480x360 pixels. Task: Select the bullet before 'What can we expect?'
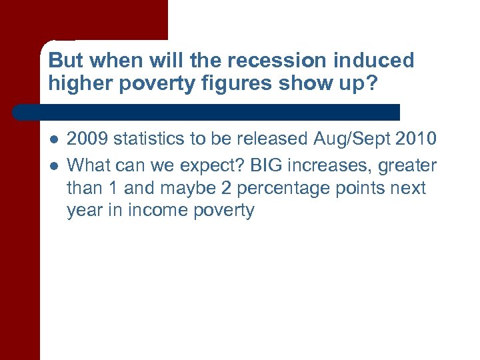pos(53,165)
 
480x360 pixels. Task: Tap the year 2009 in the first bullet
pos(88,139)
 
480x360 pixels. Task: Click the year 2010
pos(415,139)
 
